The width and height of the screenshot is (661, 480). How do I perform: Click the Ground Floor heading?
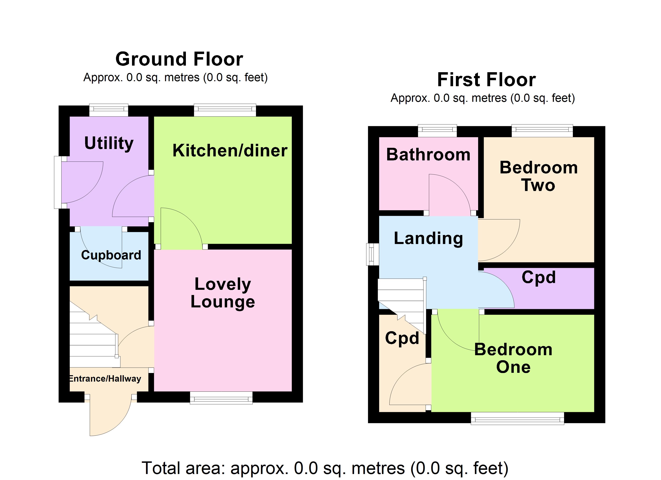point(179,59)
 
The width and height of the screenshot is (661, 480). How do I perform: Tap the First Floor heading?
point(486,80)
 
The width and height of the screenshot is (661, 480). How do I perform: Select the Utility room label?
point(109,143)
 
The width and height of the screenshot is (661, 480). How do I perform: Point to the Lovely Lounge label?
point(223,293)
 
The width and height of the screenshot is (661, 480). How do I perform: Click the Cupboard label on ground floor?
point(111,255)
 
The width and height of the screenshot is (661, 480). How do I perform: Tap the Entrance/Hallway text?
point(105,378)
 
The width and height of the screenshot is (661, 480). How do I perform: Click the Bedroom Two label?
point(538,176)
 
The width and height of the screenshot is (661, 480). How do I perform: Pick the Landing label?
point(428,238)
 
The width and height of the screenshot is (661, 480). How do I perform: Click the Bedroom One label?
point(513,358)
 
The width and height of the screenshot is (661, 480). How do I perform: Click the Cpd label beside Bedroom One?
point(402,338)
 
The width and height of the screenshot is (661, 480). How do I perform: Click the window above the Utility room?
point(108,110)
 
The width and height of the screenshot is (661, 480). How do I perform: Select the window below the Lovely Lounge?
point(221,398)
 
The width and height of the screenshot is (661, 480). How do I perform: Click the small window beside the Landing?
point(372,254)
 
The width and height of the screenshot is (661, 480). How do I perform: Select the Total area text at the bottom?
point(325,468)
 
